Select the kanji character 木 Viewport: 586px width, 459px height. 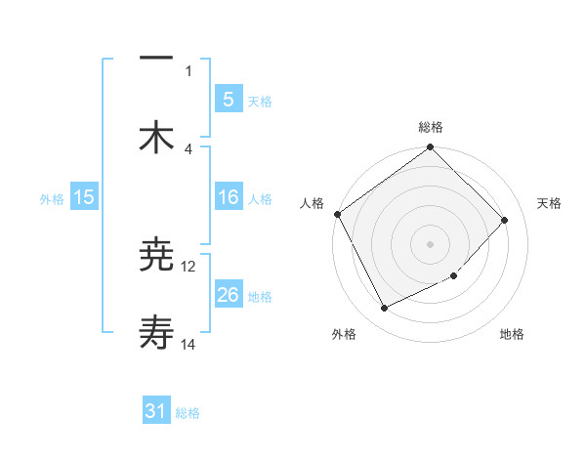pyautogui.click(x=157, y=137)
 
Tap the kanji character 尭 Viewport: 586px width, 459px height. pyautogui.click(x=157, y=256)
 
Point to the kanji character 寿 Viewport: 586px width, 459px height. pyautogui.click(x=157, y=335)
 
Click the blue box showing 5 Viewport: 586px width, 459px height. pyautogui.click(x=228, y=99)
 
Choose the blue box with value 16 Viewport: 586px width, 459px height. pyautogui.click(x=228, y=197)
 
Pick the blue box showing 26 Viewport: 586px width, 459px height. pyautogui.click(x=228, y=295)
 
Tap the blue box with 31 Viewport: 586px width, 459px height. pyautogui.click(x=156, y=411)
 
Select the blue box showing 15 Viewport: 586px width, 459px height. pyautogui.click(x=84, y=197)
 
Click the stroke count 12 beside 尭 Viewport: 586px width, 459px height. pyautogui.click(x=188, y=266)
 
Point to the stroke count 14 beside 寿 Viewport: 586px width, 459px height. pyautogui.click(x=188, y=345)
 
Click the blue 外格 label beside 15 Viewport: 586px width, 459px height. pyautogui.click(x=52, y=198)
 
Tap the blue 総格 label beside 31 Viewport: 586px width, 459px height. pyautogui.click(x=188, y=413)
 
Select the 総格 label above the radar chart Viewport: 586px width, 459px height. pyautogui.click(x=431, y=127)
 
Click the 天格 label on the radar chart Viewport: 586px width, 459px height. pyautogui.click(x=550, y=203)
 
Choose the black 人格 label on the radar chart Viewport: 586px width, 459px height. pyautogui.click(x=312, y=203)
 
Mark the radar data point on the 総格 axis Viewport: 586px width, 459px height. pyautogui.click(x=431, y=148)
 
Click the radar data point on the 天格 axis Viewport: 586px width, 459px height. pyautogui.click(x=505, y=220)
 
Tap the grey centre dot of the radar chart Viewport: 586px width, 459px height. pyautogui.click(x=431, y=243)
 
